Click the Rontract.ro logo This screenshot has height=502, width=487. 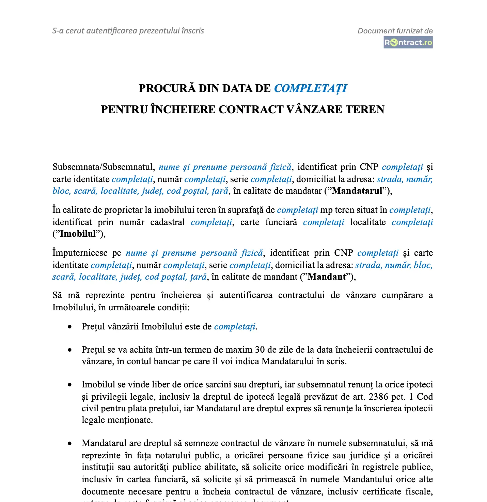(408, 43)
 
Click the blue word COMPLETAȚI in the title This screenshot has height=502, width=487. (310, 89)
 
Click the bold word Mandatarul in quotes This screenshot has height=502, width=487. (357, 191)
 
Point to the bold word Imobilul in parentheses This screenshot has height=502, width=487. (78, 234)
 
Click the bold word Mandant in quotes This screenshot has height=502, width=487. (327, 277)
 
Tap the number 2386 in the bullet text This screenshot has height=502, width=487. (378, 397)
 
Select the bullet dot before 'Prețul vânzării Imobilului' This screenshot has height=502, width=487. (70, 327)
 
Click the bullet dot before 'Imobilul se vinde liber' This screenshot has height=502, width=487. (70, 385)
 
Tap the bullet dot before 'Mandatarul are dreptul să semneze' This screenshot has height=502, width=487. (70, 444)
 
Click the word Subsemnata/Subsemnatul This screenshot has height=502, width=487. (103, 167)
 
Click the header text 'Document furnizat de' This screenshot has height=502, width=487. (395, 31)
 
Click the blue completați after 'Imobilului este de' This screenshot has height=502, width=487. (235, 327)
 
